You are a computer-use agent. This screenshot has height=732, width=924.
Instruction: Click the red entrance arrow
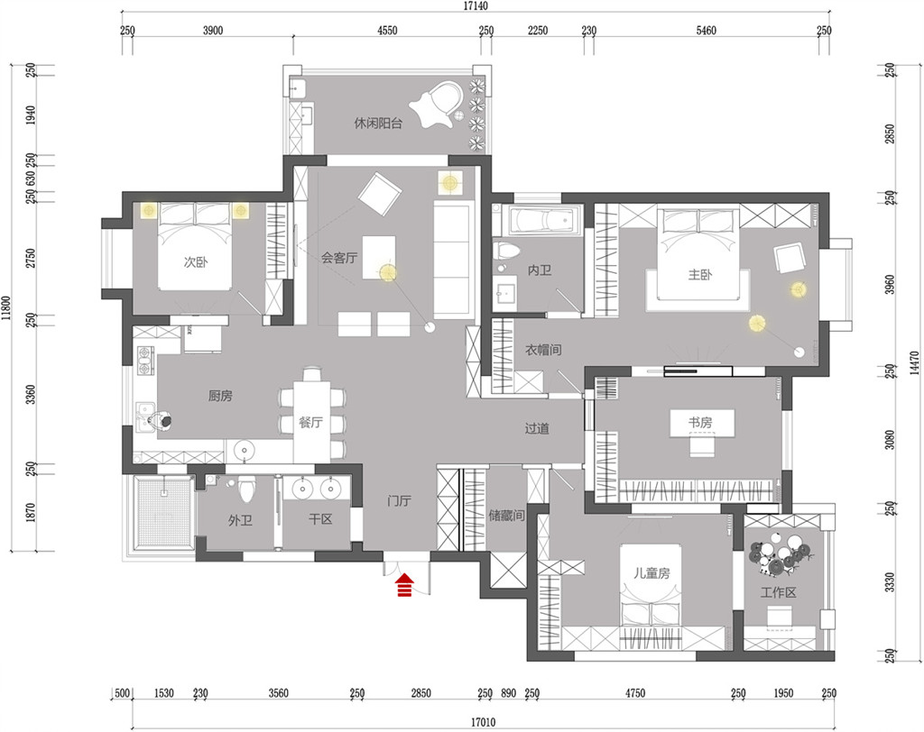405,585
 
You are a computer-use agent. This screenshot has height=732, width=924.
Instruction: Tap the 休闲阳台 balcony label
378,124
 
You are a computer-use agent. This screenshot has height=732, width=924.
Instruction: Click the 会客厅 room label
339,257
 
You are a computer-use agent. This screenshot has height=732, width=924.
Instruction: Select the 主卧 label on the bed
700,274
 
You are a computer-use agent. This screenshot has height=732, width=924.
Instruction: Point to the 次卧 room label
196,262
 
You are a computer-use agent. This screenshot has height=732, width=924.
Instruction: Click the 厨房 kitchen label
220,396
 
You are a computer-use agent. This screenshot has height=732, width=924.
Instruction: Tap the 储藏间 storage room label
506,516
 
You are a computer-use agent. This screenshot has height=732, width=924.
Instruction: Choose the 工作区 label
778,592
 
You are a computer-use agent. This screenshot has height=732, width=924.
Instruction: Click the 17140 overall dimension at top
476,6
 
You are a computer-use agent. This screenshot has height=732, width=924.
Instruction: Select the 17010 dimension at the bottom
484,722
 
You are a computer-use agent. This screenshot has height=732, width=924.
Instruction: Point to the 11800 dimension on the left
6,307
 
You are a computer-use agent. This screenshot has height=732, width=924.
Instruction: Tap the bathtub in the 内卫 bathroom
542,222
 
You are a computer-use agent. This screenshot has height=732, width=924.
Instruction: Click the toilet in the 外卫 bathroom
247,489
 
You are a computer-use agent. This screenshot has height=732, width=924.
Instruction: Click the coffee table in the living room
379,257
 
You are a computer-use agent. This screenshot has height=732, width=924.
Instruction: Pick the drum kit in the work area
780,554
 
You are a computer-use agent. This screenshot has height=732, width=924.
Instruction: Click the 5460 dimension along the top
706,31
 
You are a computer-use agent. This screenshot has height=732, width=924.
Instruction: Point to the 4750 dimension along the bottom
635,693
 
